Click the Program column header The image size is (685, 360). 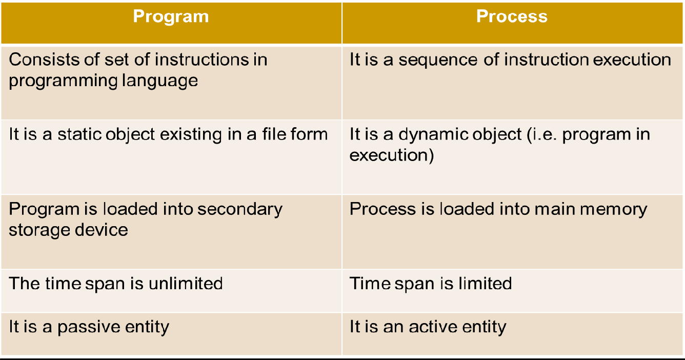point(171,16)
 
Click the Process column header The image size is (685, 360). point(512,16)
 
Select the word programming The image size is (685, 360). point(63,81)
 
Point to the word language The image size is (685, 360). point(160,81)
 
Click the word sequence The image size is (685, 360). point(438,60)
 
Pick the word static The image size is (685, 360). point(79,134)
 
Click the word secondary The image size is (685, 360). point(240,210)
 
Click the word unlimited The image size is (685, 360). point(186,283)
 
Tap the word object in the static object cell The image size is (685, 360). point(130,135)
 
